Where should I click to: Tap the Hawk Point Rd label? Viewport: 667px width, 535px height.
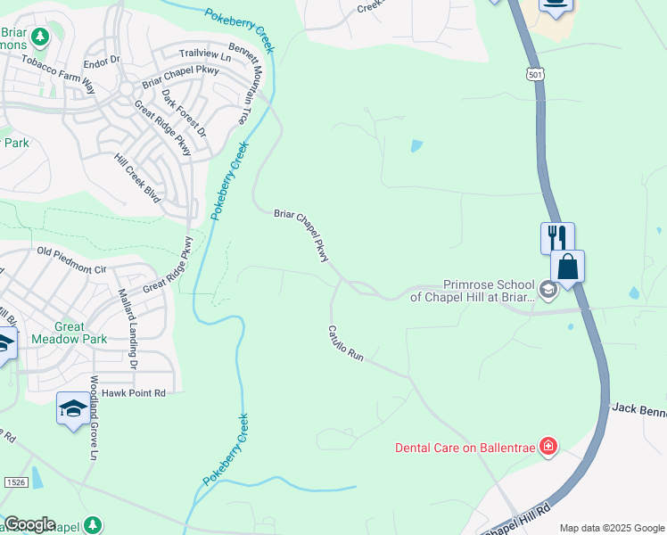pyautogui.click(x=134, y=392)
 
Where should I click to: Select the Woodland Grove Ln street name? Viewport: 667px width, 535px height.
pyautogui.click(x=93, y=418)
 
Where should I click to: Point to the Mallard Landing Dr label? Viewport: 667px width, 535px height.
pyautogui.click(x=126, y=328)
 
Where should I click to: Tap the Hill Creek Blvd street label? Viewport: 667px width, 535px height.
pyautogui.click(x=136, y=177)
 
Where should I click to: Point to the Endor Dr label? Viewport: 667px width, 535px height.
pyautogui.click(x=101, y=62)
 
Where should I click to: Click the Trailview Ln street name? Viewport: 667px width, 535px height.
pyautogui.click(x=204, y=55)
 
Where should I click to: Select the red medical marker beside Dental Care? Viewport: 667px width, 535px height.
pyautogui.click(x=548, y=445)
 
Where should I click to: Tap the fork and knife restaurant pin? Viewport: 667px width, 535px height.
pyautogui.click(x=557, y=238)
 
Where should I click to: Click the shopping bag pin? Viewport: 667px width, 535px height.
pyautogui.click(x=568, y=266)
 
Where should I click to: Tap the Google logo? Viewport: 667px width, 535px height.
pyautogui.click(x=29, y=524)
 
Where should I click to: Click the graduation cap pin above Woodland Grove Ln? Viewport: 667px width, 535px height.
pyautogui.click(x=72, y=408)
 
